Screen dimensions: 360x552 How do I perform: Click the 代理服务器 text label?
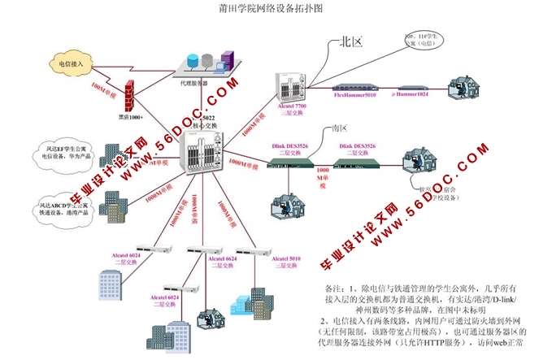pyautogui.click(x=194, y=83)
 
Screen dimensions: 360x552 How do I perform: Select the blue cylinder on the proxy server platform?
pyautogui.click(x=193, y=62)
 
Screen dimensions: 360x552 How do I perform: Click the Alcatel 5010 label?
pyautogui.click(x=257, y=260)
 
